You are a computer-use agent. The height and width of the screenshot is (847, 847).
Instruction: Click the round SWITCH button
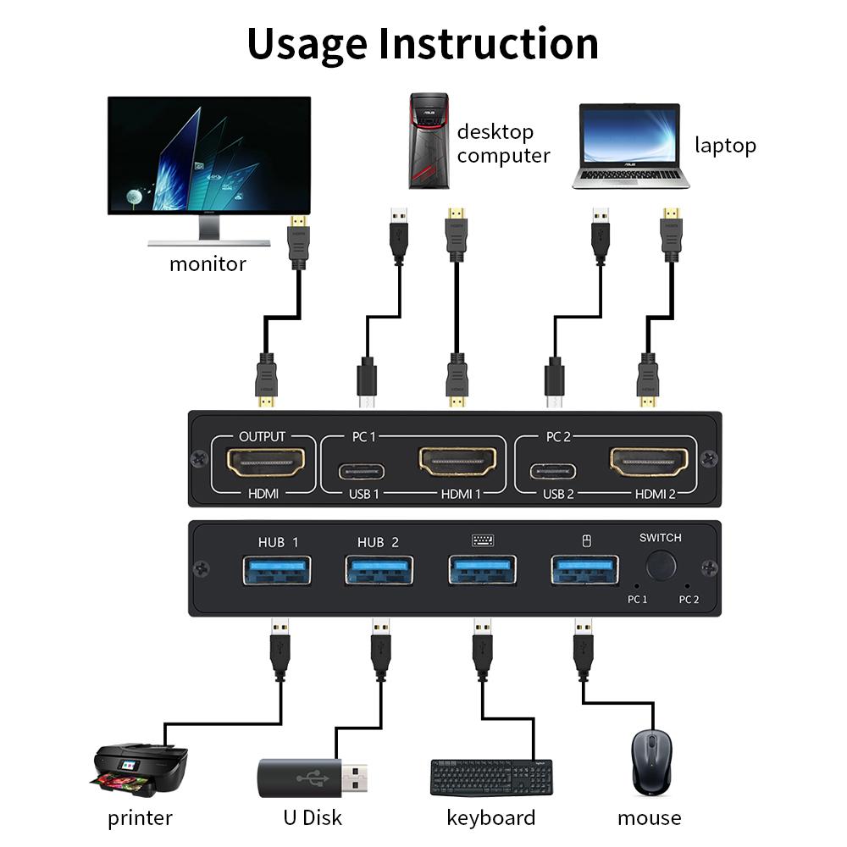(x=661, y=566)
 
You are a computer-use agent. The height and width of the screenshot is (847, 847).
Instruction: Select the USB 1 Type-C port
(x=363, y=471)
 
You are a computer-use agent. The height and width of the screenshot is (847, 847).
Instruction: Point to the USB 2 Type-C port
(x=553, y=471)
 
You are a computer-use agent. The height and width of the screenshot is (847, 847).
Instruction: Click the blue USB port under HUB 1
(x=277, y=569)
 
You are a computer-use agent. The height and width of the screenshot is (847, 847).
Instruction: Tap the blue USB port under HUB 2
(x=379, y=569)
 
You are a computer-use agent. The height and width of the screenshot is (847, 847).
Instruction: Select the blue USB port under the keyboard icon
(x=482, y=569)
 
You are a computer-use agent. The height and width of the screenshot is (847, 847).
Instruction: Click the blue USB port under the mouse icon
(x=584, y=569)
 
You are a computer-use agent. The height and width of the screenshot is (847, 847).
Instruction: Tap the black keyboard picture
(x=491, y=776)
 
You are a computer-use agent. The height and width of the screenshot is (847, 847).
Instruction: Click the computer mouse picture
(x=650, y=762)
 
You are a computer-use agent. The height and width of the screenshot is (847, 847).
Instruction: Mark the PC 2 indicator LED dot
(x=687, y=584)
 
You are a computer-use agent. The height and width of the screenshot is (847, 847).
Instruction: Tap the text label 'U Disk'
(x=313, y=817)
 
